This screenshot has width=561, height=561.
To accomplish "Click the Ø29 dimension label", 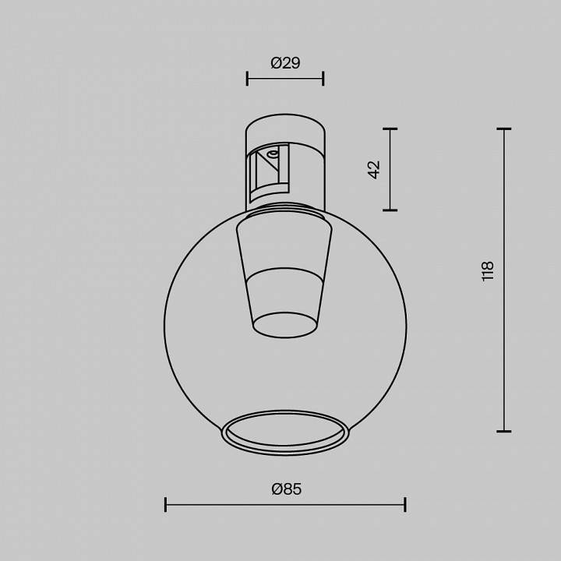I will pos(285,63).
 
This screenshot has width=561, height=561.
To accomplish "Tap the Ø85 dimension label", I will pos(286,489).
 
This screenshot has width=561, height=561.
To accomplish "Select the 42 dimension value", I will pos(374,169).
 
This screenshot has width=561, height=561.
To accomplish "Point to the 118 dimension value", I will pos(488,270).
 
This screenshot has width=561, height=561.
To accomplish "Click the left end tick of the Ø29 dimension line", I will pos(247,78).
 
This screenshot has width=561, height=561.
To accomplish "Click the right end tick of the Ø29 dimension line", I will pos(323,78).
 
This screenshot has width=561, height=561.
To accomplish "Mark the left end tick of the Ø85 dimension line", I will pos(165,505).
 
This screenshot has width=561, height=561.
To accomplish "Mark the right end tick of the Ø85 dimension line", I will pos(405,505).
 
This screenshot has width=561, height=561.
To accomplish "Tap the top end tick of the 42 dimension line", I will pos(390,129).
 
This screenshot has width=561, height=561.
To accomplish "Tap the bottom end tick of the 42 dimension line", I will pos(390,210).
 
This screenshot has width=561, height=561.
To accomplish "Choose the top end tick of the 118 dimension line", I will pos(504,129).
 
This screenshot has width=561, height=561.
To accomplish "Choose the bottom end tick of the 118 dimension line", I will pos(504,431).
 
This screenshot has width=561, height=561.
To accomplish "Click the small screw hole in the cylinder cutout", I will pos(273,154).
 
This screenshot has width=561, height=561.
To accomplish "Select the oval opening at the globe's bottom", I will pos(285,432).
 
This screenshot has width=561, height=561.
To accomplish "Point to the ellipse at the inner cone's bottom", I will pos(285,325).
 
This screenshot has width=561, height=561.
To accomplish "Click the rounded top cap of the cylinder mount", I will pos(285,125).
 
